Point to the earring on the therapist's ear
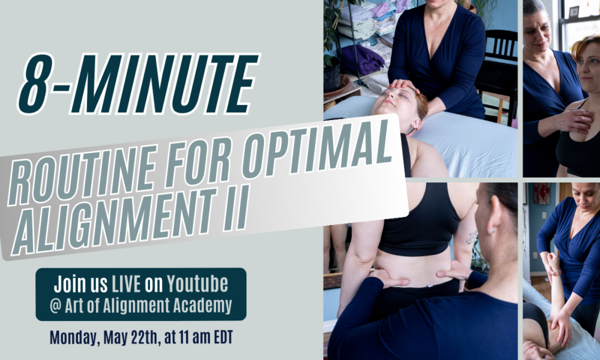point(492,230)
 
